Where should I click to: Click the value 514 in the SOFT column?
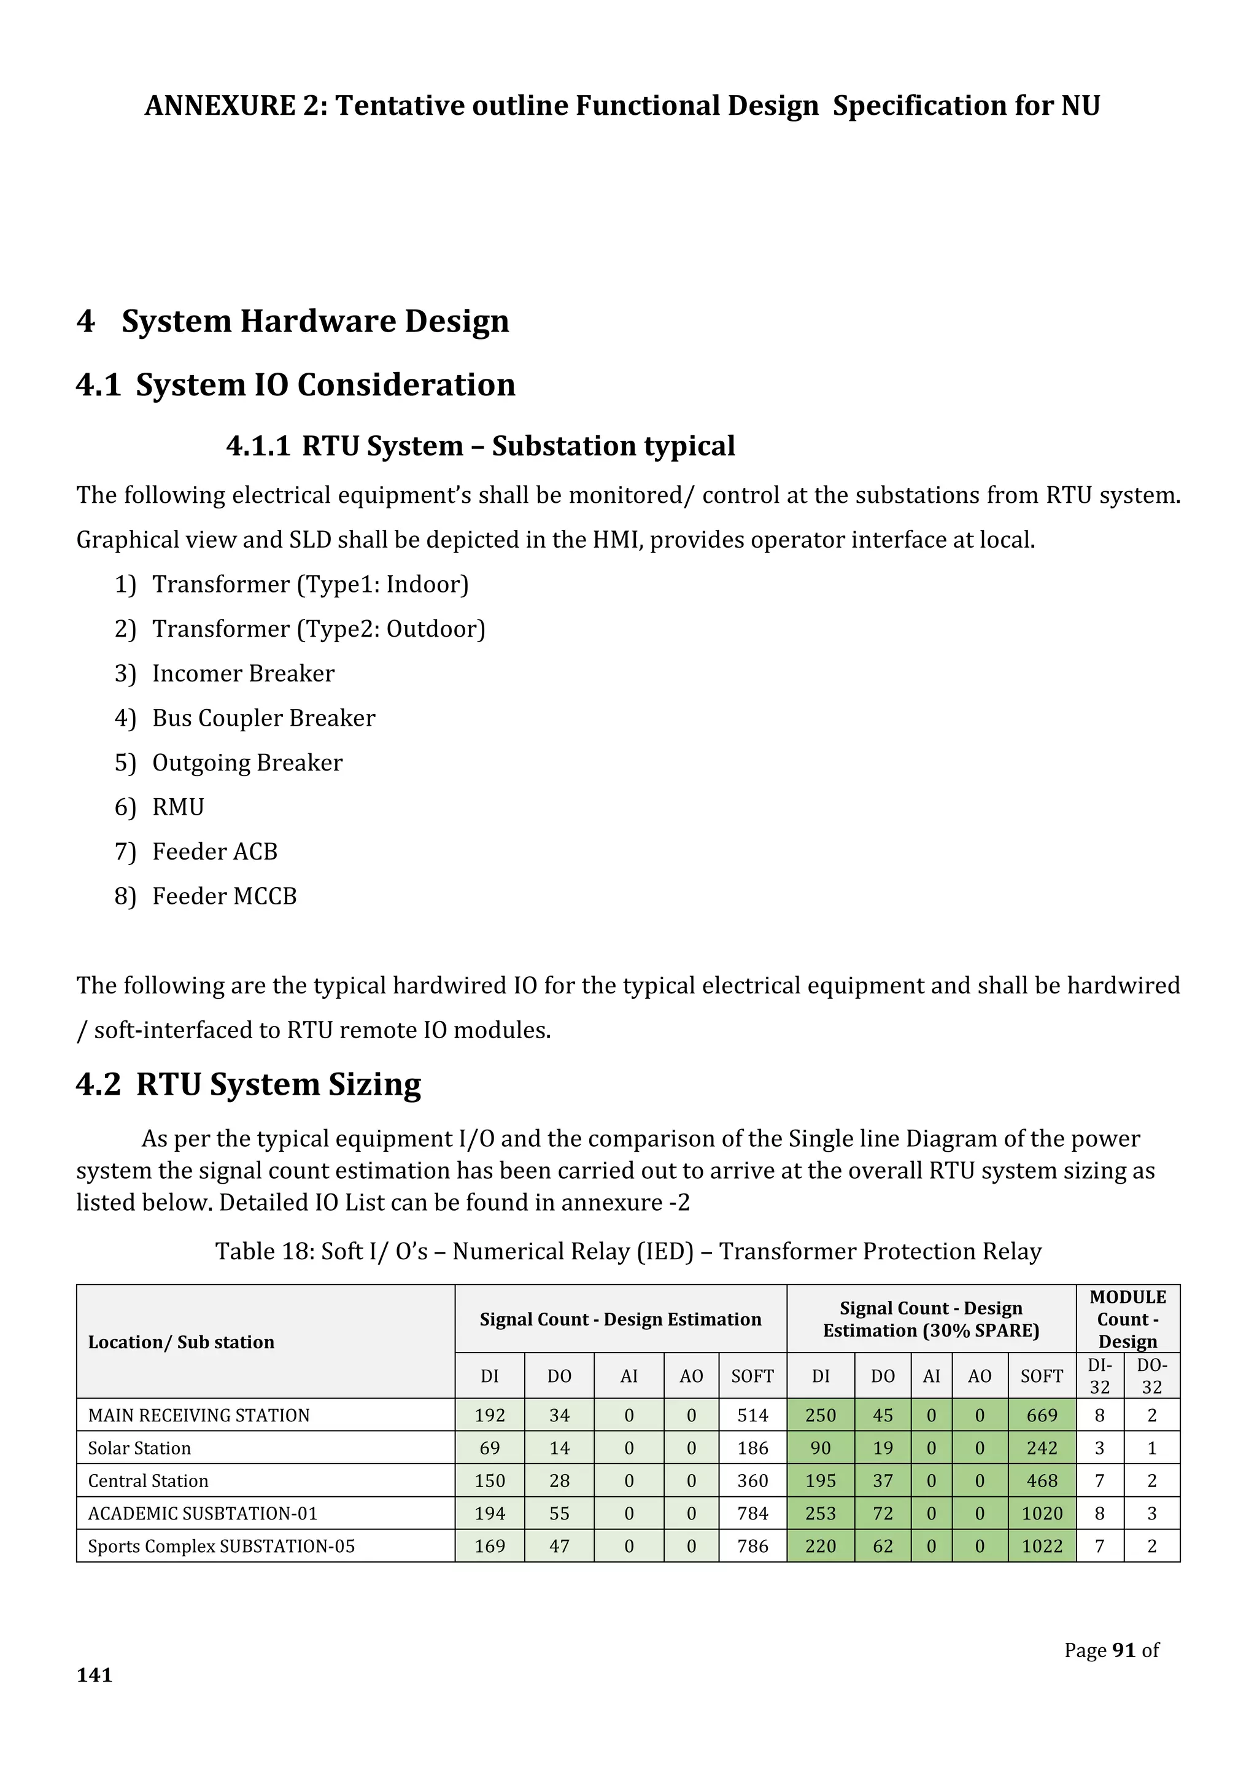752,1416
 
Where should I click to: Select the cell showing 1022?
1042,1546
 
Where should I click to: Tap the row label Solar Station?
139,1448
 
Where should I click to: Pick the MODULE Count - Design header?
1127,1319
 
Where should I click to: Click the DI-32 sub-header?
1099,1376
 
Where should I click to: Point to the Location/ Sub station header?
181,1342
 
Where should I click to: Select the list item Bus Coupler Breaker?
263,718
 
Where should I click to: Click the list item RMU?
178,807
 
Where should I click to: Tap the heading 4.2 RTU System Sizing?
249,1084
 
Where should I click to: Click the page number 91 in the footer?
1124,1650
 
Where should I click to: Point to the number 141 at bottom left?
95,1675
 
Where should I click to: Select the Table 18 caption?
628,1251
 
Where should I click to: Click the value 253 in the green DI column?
821,1513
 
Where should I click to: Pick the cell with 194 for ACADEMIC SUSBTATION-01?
489,1513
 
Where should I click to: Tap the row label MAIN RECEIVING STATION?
199,1416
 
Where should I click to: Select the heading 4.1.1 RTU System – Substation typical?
480,446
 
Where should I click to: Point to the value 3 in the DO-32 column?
1151,1513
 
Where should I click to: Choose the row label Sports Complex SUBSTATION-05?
222,1546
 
